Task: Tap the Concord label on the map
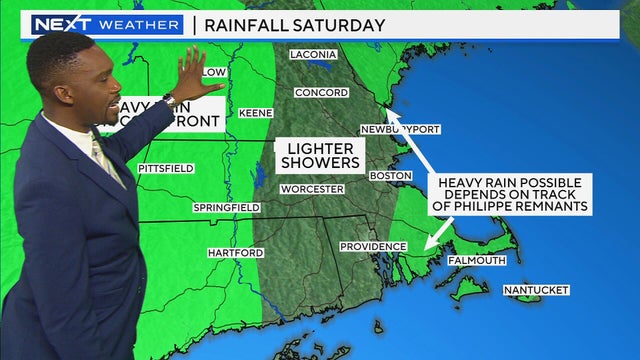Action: point(314,92)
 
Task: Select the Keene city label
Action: point(255,113)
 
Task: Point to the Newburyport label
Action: point(400,130)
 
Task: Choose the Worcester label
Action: point(312,189)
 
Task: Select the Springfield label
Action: point(227,208)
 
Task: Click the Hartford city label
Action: point(235,253)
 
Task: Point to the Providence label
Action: point(371,246)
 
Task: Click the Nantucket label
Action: point(535,290)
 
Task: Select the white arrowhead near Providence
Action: point(427,245)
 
